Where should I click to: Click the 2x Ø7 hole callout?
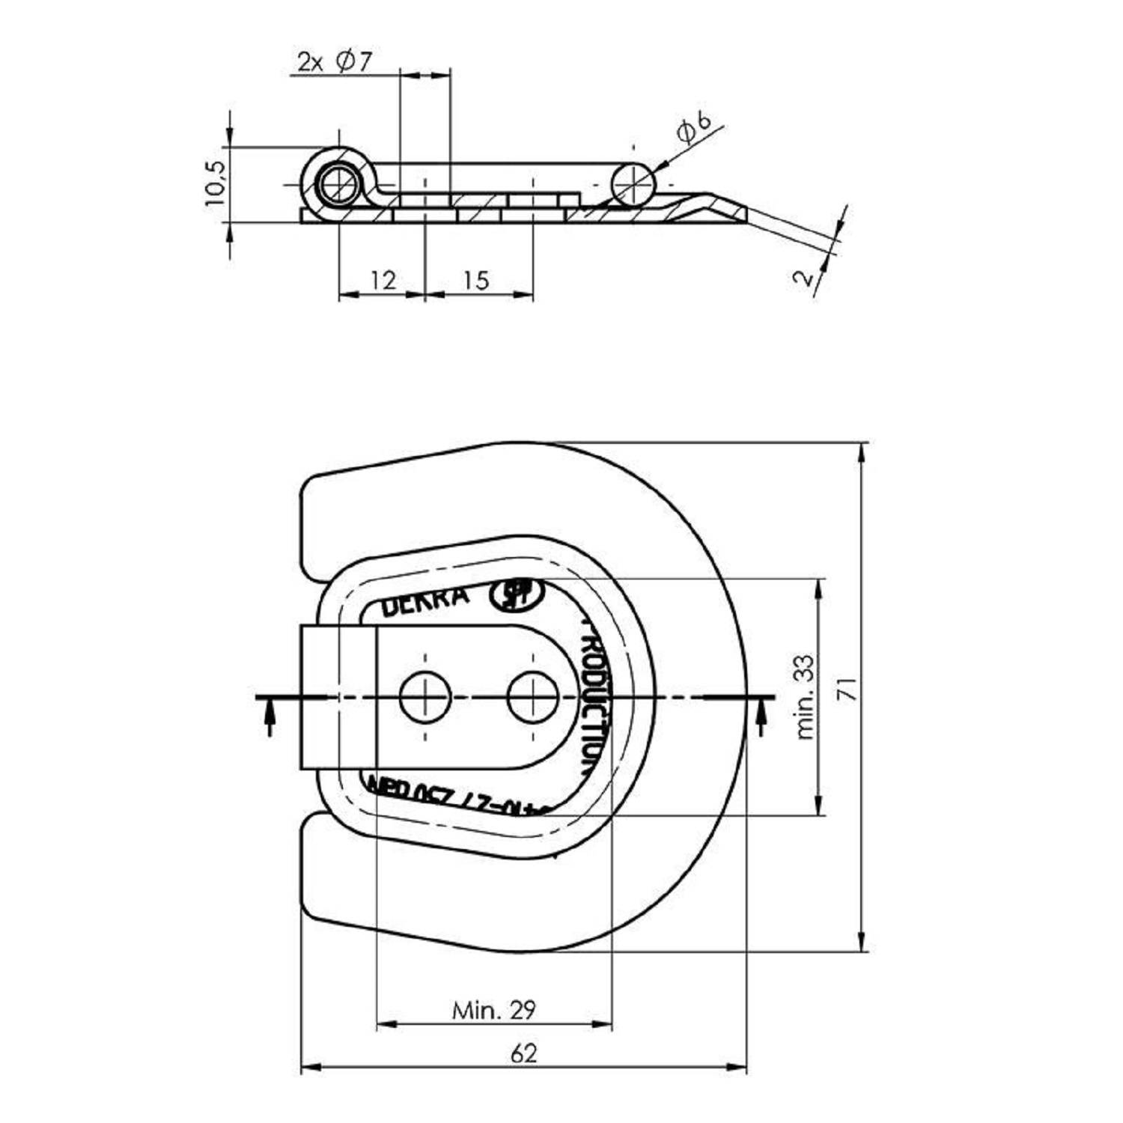335,61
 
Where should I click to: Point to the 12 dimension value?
383,281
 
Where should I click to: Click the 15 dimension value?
476,281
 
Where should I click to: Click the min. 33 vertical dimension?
804,698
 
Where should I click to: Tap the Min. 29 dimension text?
494,1010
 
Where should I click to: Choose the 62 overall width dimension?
524,1053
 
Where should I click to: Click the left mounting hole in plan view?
424,698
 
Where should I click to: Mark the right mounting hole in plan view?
532,698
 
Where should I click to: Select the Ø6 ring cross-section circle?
633,183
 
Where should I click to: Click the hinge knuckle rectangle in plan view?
338,697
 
